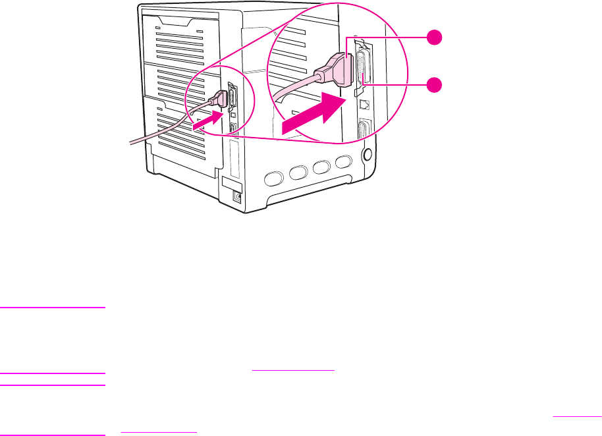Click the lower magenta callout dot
coord(433,84)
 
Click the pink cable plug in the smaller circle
coord(219,100)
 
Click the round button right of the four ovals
coord(367,156)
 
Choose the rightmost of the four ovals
coord(343,163)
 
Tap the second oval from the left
coord(297,173)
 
